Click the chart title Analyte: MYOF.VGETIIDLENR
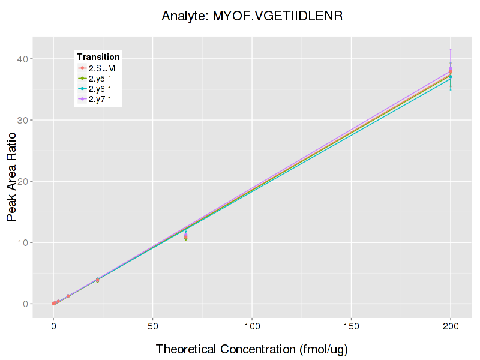click(252, 16)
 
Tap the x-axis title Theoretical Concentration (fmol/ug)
click(252, 349)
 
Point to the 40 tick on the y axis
click(28, 59)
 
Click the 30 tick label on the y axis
click(28, 120)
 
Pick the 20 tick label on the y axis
click(28, 181)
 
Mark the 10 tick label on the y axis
click(28, 242)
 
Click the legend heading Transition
click(98, 57)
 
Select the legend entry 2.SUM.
click(103, 68)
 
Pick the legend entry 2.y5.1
click(100, 79)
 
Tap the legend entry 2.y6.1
click(100, 89)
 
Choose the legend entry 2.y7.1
click(100, 99)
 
